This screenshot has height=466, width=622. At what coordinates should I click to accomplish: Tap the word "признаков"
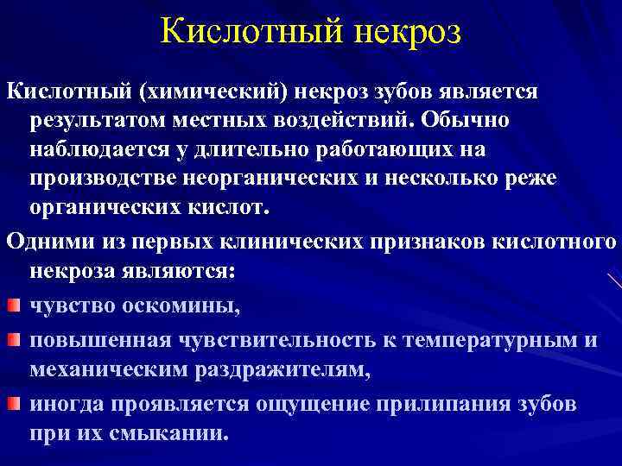coord(415,242)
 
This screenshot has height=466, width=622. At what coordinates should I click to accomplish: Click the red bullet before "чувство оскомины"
coord(13,305)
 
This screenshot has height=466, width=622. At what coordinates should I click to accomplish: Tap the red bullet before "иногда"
coord(13,403)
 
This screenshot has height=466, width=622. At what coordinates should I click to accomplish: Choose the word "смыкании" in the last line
coord(176,434)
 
